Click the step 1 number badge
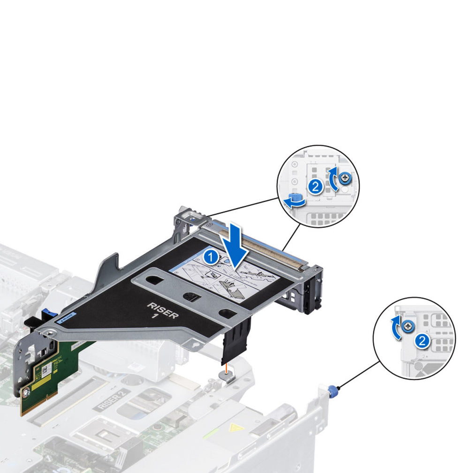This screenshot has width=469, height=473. click(212, 256)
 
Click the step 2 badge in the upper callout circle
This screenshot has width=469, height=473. click(316, 187)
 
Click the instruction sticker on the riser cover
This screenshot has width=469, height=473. click(225, 277)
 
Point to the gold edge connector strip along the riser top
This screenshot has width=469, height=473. click(263, 246)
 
